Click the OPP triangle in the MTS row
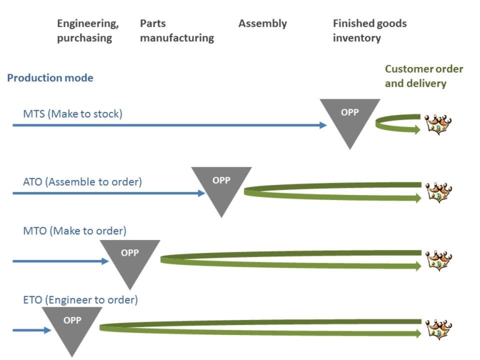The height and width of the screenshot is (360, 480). click(349, 119)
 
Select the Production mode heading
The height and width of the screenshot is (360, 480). click(50, 78)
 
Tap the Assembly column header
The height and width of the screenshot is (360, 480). click(262, 24)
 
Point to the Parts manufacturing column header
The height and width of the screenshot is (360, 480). click(177, 31)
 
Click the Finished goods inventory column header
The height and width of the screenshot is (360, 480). click(369, 31)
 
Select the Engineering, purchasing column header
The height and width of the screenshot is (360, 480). click(87, 31)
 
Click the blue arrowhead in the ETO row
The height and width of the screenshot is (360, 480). click(47, 330)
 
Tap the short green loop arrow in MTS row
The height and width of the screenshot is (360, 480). click(397, 124)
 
